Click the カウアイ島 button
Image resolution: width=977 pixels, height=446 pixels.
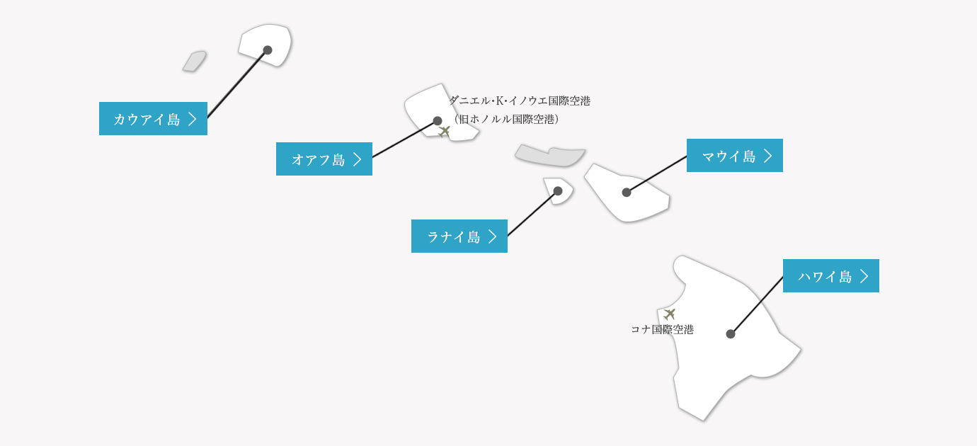(153, 119)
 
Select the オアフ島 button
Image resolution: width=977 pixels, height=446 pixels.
(324, 159)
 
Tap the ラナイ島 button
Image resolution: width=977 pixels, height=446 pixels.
(459, 236)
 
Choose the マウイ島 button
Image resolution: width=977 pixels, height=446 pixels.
(734, 156)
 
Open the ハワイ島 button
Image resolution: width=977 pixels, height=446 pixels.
(830, 276)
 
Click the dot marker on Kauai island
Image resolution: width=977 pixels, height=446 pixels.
(268, 50)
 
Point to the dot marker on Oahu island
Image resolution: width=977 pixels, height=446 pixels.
(438, 121)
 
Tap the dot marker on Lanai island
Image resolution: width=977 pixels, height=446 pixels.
(558, 191)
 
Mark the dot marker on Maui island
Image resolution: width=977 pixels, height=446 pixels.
(627, 193)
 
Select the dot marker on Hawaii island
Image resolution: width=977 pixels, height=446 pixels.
(731, 334)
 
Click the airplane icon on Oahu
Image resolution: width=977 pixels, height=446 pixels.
(445, 131)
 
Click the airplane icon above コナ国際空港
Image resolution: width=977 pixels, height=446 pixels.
(670, 314)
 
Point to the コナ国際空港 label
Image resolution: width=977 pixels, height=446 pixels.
(662, 329)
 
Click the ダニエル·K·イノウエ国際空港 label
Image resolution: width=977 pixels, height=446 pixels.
(520, 101)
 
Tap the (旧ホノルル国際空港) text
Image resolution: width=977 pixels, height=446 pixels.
(507, 119)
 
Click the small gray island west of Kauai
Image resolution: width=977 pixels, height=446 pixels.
(195, 61)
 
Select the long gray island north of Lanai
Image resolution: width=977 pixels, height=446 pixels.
(550, 155)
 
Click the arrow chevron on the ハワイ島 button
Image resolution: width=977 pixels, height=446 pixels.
(864, 276)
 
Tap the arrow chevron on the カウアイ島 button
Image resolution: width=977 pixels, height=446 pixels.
(192, 119)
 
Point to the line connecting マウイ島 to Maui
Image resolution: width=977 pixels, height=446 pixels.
(657, 174)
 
